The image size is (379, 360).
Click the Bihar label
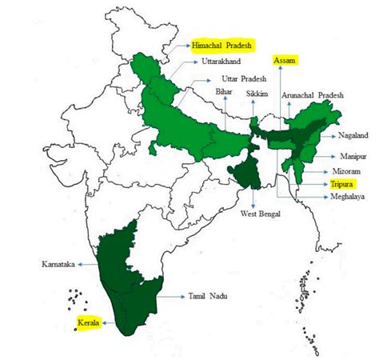(224, 93)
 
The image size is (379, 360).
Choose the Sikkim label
(257, 93)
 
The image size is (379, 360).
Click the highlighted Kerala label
(89, 323)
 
